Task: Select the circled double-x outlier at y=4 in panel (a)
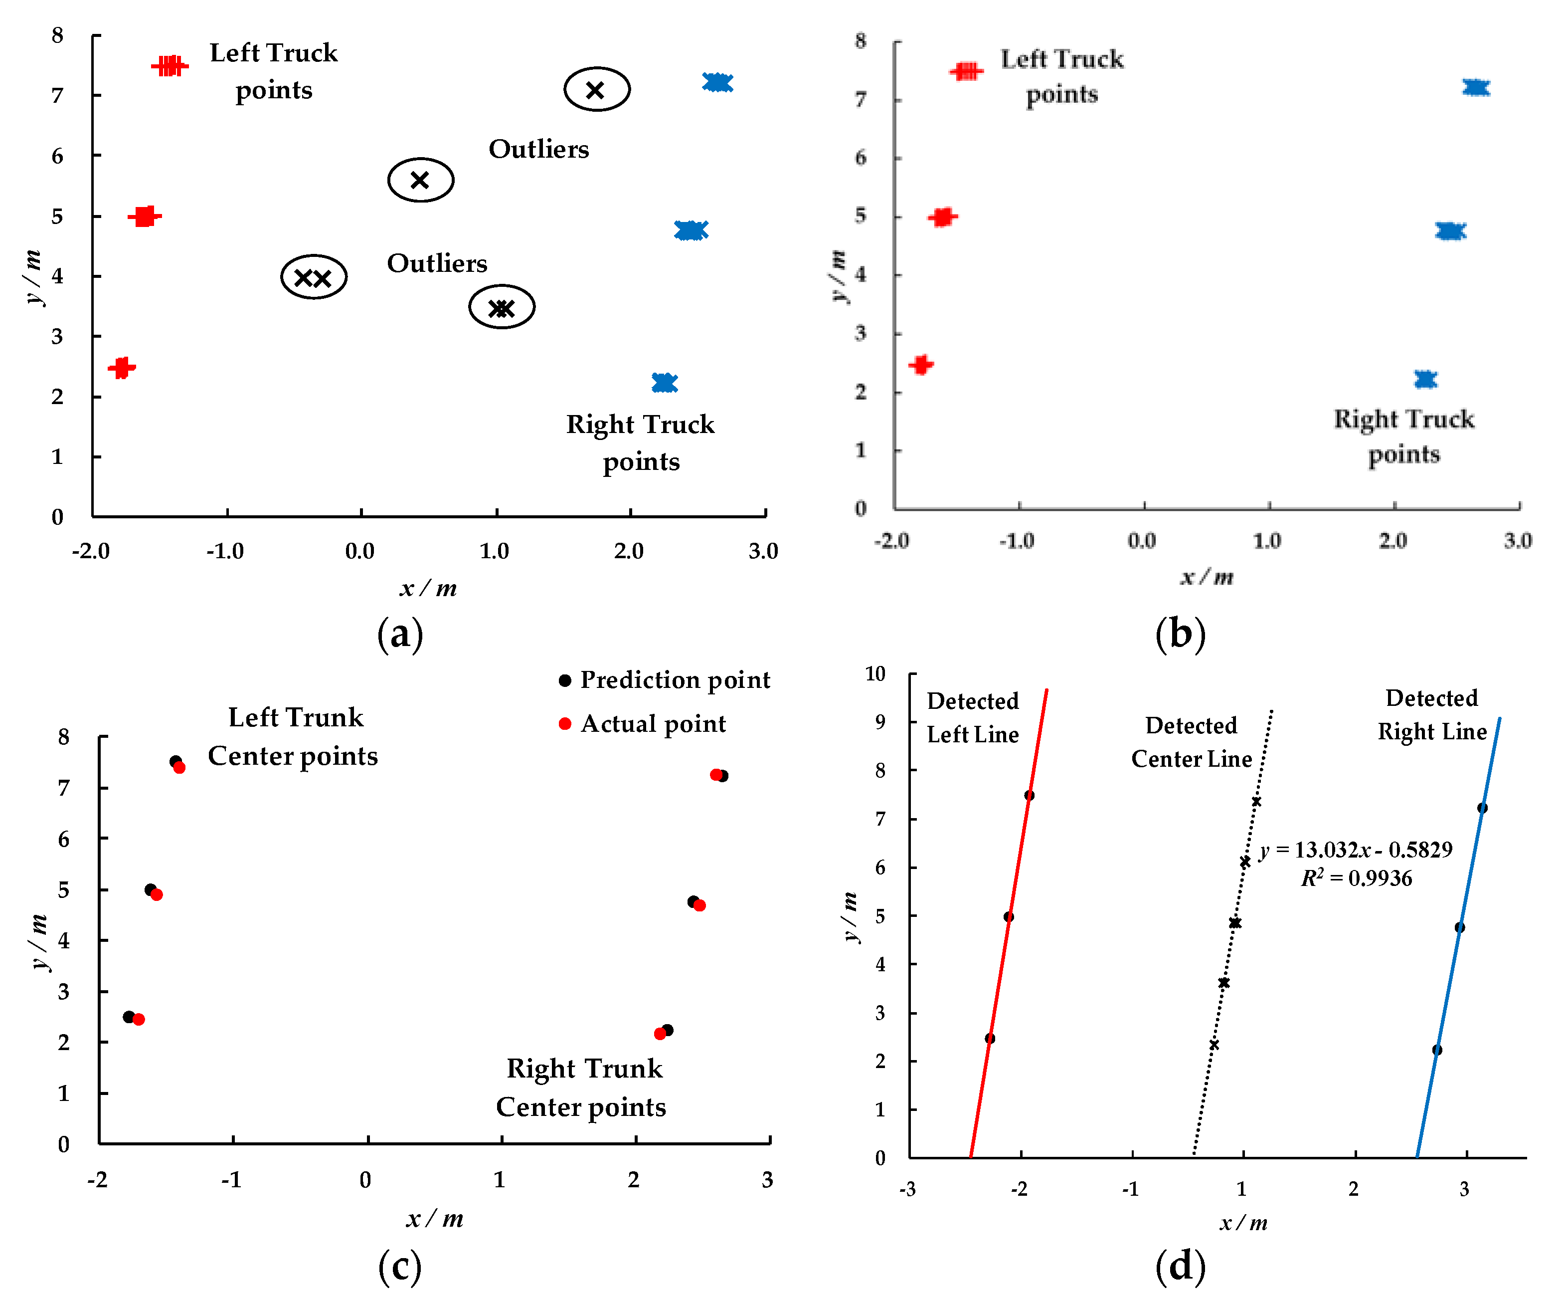[x=314, y=277]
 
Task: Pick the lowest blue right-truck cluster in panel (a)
[x=664, y=383]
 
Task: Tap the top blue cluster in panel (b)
[x=1476, y=88]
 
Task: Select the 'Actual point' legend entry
[x=642, y=724]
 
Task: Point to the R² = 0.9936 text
[x=1356, y=878]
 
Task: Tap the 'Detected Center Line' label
[x=1191, y=742]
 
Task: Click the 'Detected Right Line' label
[x=1431, y=714]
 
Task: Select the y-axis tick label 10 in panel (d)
[x=875, y=674]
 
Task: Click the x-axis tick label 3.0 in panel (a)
[x=763, y=551]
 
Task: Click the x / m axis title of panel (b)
[x=1207, y=576]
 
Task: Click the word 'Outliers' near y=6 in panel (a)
[x=539, y=149]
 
